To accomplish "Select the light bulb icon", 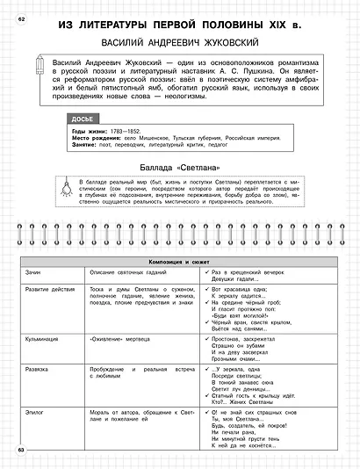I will (62, 185).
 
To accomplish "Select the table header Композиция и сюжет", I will (180, 263).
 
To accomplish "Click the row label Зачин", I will (35, 273).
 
